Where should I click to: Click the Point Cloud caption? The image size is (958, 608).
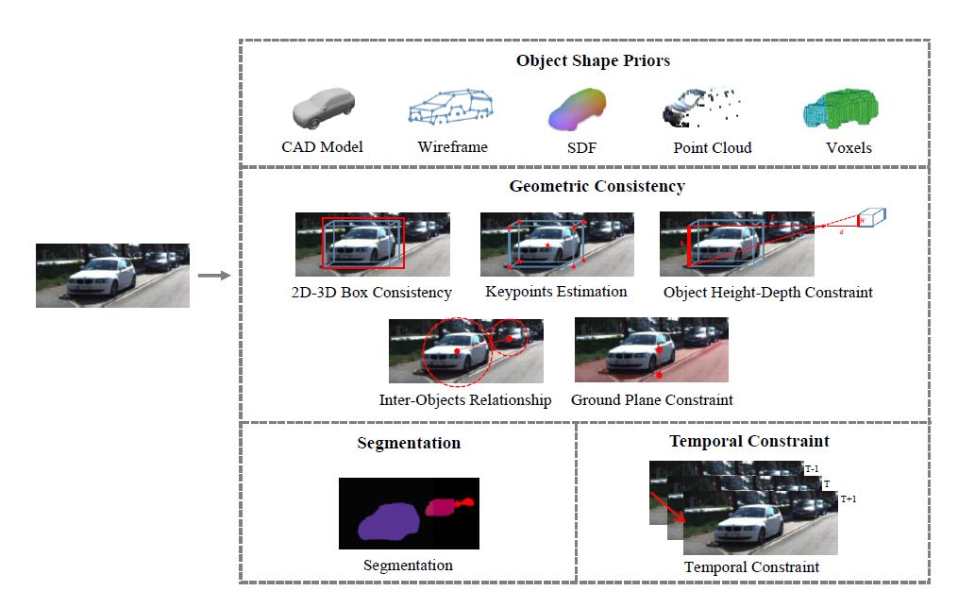(x=712, y=148)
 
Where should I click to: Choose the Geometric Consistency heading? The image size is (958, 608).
(x=597, y=186)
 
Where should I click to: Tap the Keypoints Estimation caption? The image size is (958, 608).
(x=556, y=292)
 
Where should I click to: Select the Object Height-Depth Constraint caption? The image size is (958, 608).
(x=767, y=292)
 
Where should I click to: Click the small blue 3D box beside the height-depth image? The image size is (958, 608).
(x=874, y=218)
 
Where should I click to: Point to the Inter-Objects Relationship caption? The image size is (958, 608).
(x=465, y=400)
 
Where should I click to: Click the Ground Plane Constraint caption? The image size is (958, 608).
(x=651, y=400)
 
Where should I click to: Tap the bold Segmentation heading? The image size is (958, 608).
(x=409, y=443)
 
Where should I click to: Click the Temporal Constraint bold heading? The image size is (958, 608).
(x=749, y=441)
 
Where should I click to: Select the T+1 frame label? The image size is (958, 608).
(x=849, y=498)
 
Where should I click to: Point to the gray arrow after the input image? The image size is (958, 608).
(x=214, y=276)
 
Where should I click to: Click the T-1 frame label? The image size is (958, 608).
(x=813, y=468)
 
